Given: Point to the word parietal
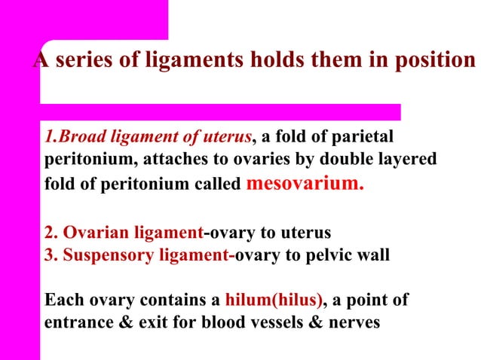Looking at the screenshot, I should tap(362, 138).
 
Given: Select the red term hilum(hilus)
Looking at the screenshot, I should tap(274, 301).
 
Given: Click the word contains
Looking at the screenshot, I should tap(170, 301).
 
